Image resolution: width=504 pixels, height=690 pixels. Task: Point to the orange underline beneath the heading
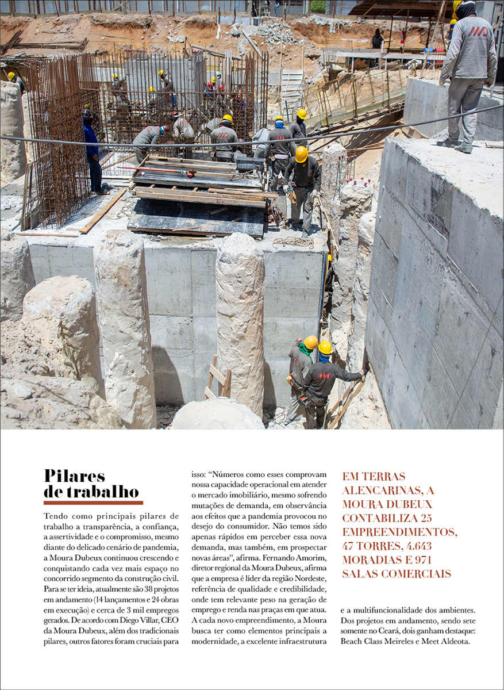(93, 503)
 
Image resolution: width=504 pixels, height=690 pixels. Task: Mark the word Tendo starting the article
(55, 516)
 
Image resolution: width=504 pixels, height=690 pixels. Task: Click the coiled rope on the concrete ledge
(294, 243)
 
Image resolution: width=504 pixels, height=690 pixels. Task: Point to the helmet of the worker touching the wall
(325, 347)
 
